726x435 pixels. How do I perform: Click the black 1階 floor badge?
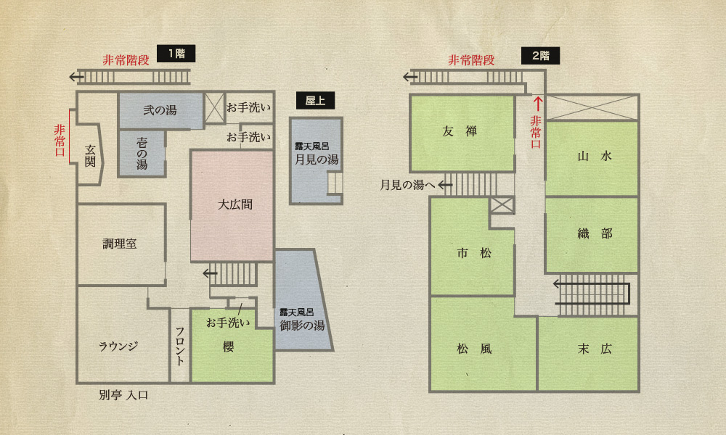[x=176, y=54]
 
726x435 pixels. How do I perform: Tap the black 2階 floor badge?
[x=540, y=56]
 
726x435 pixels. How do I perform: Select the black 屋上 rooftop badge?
[x=315, y=100]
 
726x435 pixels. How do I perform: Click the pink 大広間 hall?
[x=232, y=205]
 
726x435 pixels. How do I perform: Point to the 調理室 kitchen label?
[x=120, y=244]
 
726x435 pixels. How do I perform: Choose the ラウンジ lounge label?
[x=118, y=346]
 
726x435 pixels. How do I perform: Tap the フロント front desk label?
[x=180, y=347]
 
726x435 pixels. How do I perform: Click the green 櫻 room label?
[x=228, y=347]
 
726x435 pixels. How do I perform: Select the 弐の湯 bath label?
[x=160, y=110]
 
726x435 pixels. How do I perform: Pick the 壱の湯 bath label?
[x=142, y=154]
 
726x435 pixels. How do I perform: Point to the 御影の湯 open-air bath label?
[x=302, y=326]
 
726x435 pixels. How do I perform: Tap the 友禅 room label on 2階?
[x=460, y=131]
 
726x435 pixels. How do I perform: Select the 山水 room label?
[x=595, y=157]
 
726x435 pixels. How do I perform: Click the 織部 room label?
[x=595, y=233]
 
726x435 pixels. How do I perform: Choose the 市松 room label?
[x=474, y=253]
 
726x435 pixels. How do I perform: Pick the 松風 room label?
[x=474, y=348]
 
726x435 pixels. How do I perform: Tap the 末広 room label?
[x=595, y=349]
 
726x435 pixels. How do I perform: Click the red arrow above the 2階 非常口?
[x=537, y=103]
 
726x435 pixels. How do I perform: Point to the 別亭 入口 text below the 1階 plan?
[x=123, y=395]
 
